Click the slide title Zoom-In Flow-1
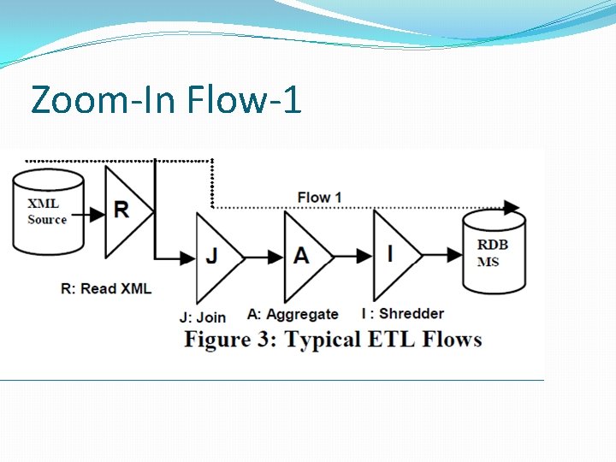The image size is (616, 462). click(x=166, y=100)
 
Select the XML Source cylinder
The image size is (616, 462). click(x=47, y=211)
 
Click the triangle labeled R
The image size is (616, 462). click(x=125, y=210)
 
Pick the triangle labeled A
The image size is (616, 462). click(x=304, y=256)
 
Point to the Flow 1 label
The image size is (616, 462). click(x=319, y=198)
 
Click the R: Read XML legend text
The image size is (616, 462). click(x=106, y=288)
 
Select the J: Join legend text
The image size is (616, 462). click(x=202, y=318)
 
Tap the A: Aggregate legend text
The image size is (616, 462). click(x=293, y=315)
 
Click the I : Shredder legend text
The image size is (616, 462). click(x=400, y=314)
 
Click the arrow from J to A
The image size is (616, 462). click(x=264, y=256)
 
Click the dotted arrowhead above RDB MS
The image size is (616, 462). click(x=512, y=207)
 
